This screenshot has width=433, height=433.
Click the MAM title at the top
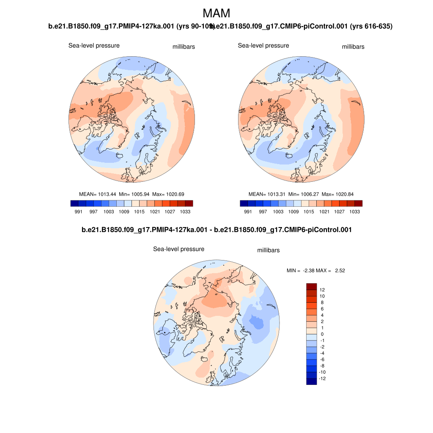point(216,13)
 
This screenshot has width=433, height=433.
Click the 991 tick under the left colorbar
point(78,211)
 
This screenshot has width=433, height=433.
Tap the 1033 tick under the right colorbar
point(354,211)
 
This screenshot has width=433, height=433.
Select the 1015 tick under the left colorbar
point(139,211)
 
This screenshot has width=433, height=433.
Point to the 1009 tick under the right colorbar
point(293,211)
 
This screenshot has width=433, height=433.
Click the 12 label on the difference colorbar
point(322,290)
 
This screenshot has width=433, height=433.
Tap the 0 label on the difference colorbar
point(322,334)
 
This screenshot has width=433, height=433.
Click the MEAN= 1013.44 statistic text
point(98,194)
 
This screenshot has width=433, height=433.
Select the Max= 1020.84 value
point(337,194)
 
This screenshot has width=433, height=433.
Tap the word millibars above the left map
point(184,47)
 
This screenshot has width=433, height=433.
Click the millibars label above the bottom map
point(268,250)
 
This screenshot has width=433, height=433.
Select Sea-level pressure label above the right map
point(263,46)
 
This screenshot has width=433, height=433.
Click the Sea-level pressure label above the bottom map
point(178,249)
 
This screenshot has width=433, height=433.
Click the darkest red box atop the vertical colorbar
point(311,286)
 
